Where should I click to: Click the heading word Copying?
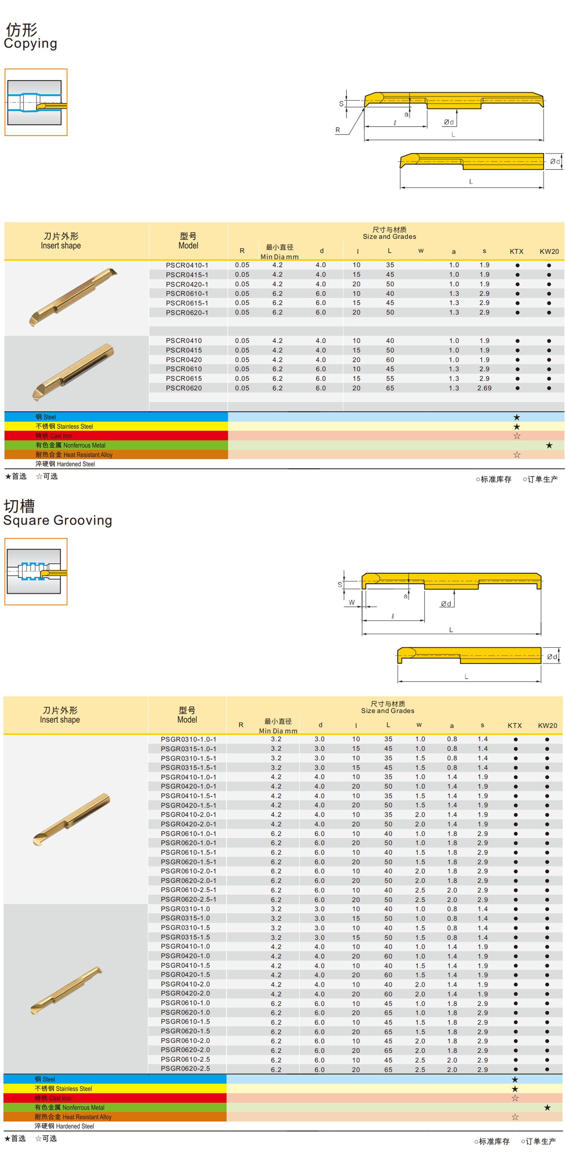(31, 44)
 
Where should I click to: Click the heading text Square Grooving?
(57, 520)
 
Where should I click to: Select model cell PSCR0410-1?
(187, 265)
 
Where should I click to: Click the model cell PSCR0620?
(184, 388)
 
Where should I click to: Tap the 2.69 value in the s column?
(484, 388)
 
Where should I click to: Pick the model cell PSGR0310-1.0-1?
(188, 739)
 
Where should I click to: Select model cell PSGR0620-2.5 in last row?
(185, 1069)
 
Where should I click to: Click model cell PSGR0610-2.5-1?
(188, 890)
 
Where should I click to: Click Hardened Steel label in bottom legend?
(64, 1126)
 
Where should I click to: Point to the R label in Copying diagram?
(338, 130)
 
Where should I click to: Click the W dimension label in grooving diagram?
(352, 602)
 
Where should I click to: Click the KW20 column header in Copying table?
(549, 252)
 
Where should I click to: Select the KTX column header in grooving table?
(515, 725)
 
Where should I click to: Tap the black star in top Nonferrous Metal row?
(549, 446)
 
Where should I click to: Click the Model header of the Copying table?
(188, 241)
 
